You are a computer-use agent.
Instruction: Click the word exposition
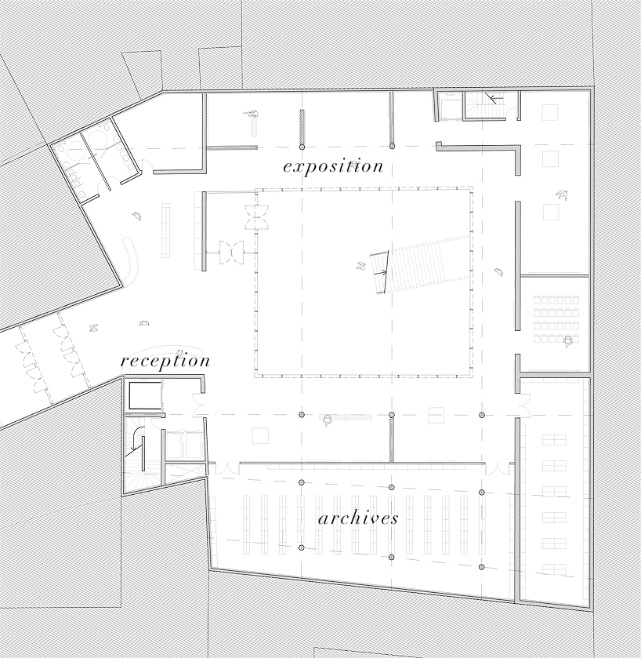tap(333, 166)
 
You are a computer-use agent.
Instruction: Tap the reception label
tap(165, 362)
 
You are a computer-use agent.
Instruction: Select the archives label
tap(358, 518)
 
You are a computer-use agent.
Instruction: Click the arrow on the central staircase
tap(380, 273)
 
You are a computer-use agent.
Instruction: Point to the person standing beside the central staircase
tap(361, 266)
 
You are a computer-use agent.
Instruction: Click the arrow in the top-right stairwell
tap(491, 98)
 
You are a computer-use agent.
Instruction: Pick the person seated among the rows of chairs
tap(568, 340)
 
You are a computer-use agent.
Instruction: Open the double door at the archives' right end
tap(497, 469)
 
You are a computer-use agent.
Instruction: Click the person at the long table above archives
tap(327, 421)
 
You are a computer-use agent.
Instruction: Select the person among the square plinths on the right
tap(560, 194)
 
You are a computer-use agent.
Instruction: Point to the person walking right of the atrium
tap(498, 271)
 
